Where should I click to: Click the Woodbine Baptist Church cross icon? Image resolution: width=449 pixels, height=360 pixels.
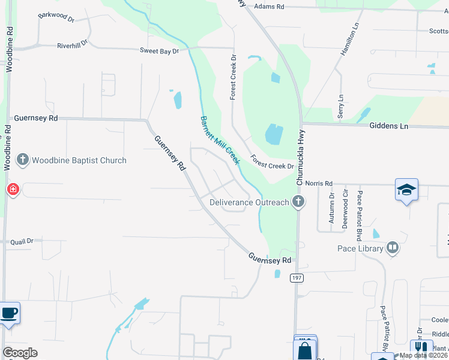23,160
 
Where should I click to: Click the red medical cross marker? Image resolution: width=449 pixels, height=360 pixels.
13,190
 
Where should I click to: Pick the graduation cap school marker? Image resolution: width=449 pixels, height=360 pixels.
406,190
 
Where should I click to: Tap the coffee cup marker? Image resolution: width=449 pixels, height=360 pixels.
8,313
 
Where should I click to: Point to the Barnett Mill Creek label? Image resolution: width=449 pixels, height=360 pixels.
220,140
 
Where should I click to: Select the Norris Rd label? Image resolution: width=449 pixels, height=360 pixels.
319,183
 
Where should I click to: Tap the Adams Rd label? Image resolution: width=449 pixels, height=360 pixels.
268,6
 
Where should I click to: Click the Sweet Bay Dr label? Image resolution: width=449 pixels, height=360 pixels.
160,52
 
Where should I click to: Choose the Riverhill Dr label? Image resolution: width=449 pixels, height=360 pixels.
72,44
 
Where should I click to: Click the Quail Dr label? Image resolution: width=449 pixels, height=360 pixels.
22,242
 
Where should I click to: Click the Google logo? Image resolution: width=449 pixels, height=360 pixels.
20,353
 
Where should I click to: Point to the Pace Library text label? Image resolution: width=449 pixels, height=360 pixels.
360,248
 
